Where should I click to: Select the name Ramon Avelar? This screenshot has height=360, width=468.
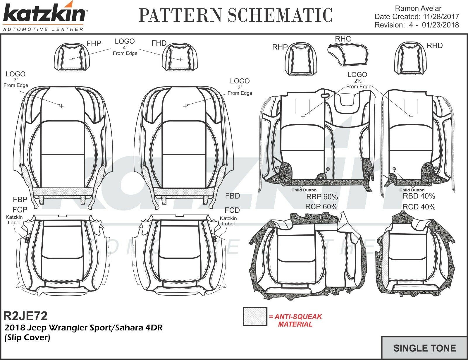(x=418, y=8)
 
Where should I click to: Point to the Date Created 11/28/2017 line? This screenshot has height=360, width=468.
(x=417, y=17)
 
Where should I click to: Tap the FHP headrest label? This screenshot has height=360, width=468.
(x=94, y=44)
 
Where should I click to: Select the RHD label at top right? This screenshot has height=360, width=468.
(x=434, y=46)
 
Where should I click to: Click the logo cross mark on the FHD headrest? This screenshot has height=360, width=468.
(x=180, y=59)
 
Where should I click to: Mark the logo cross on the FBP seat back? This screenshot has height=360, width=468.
(x=61, y=106)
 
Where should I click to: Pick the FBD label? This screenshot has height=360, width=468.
(x=233, y=196)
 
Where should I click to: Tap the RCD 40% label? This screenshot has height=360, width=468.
(x=419, y=207)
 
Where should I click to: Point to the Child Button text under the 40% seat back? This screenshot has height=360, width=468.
(x=412, y=190)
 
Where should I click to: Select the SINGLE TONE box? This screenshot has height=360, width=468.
(x=424, y=348)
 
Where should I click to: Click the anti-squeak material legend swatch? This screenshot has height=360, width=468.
(x=255, y=316)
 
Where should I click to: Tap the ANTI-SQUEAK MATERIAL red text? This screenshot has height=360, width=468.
(x=295, y=320)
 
